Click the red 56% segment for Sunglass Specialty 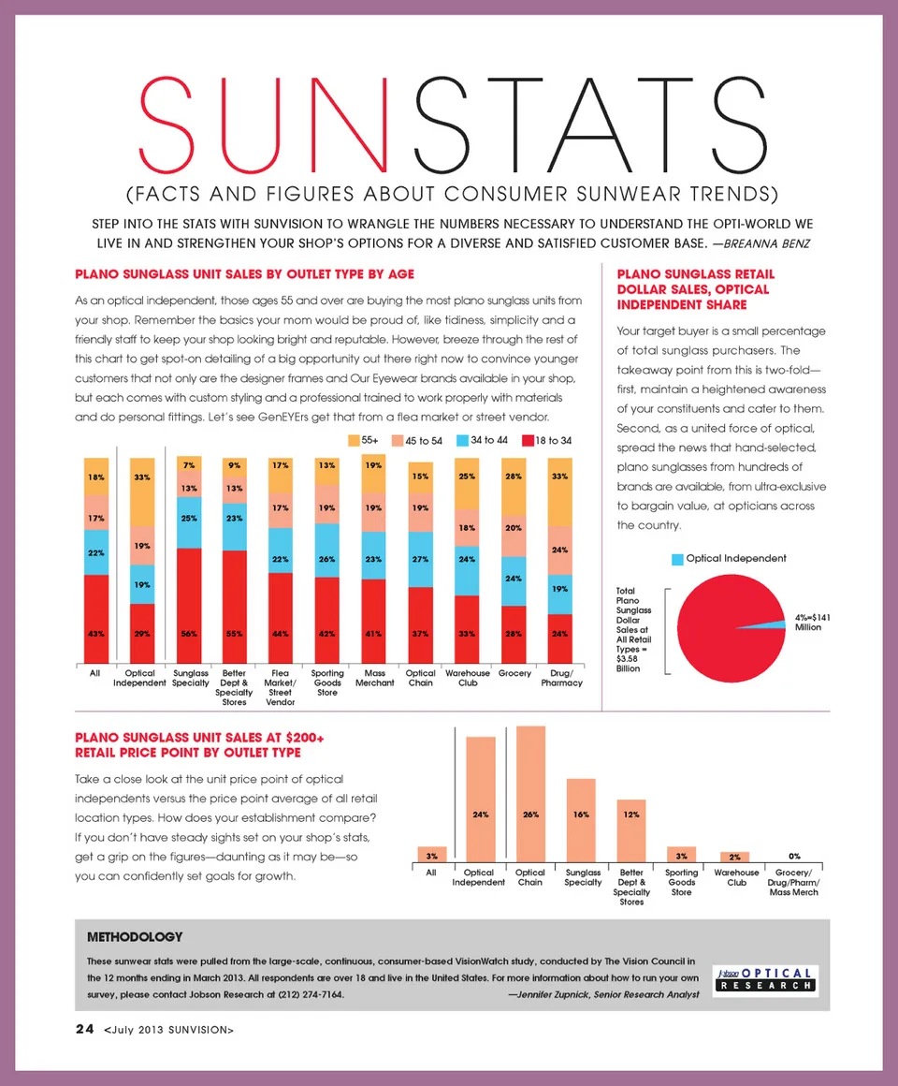[190, 604]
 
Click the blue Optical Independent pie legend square [677, 559]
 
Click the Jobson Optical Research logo [764, 978]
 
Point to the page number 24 [84, 1030]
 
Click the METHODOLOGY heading [134, 936]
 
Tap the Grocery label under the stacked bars [514, 673]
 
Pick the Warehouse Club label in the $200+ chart [736, 877]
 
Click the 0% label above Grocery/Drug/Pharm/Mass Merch [794, 856]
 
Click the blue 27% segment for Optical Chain [420, 559]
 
